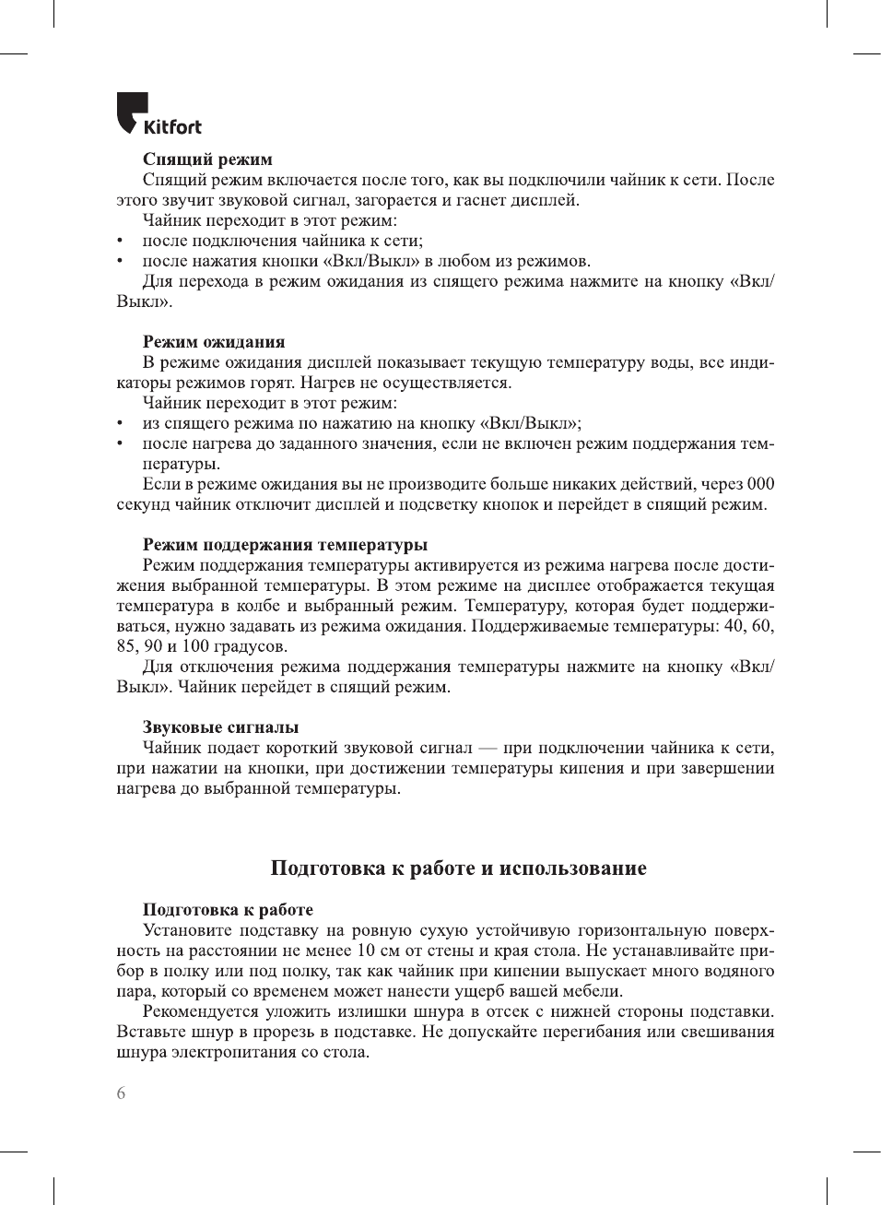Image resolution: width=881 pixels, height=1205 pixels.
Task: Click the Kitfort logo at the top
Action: [159, 115]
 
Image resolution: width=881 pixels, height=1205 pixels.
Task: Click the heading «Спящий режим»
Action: [207, 159]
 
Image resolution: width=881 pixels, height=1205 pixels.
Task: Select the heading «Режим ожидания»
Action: [214, 341]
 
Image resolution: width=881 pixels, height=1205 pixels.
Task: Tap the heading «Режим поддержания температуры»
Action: [285, 544]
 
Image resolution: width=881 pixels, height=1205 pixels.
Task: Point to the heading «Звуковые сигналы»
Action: [220, 727]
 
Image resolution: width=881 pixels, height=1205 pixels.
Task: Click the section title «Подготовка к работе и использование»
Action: [458, 868]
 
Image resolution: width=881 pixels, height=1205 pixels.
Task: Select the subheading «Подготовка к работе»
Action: [228, 909]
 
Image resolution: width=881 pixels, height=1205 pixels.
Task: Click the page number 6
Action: [122, 1093]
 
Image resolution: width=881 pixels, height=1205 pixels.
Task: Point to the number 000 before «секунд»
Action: [761, 484]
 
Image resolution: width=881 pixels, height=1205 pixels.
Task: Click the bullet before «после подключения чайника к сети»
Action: [121, 241]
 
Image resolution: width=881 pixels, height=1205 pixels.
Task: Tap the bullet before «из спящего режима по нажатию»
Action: [121, 423]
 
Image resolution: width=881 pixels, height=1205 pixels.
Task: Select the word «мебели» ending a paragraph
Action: [594, 991]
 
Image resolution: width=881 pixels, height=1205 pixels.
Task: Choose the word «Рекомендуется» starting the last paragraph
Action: [198, 1011]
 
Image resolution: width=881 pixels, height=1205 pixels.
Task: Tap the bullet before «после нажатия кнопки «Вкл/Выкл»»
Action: [121, 261]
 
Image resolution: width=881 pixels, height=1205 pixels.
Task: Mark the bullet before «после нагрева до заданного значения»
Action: [121, 443]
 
